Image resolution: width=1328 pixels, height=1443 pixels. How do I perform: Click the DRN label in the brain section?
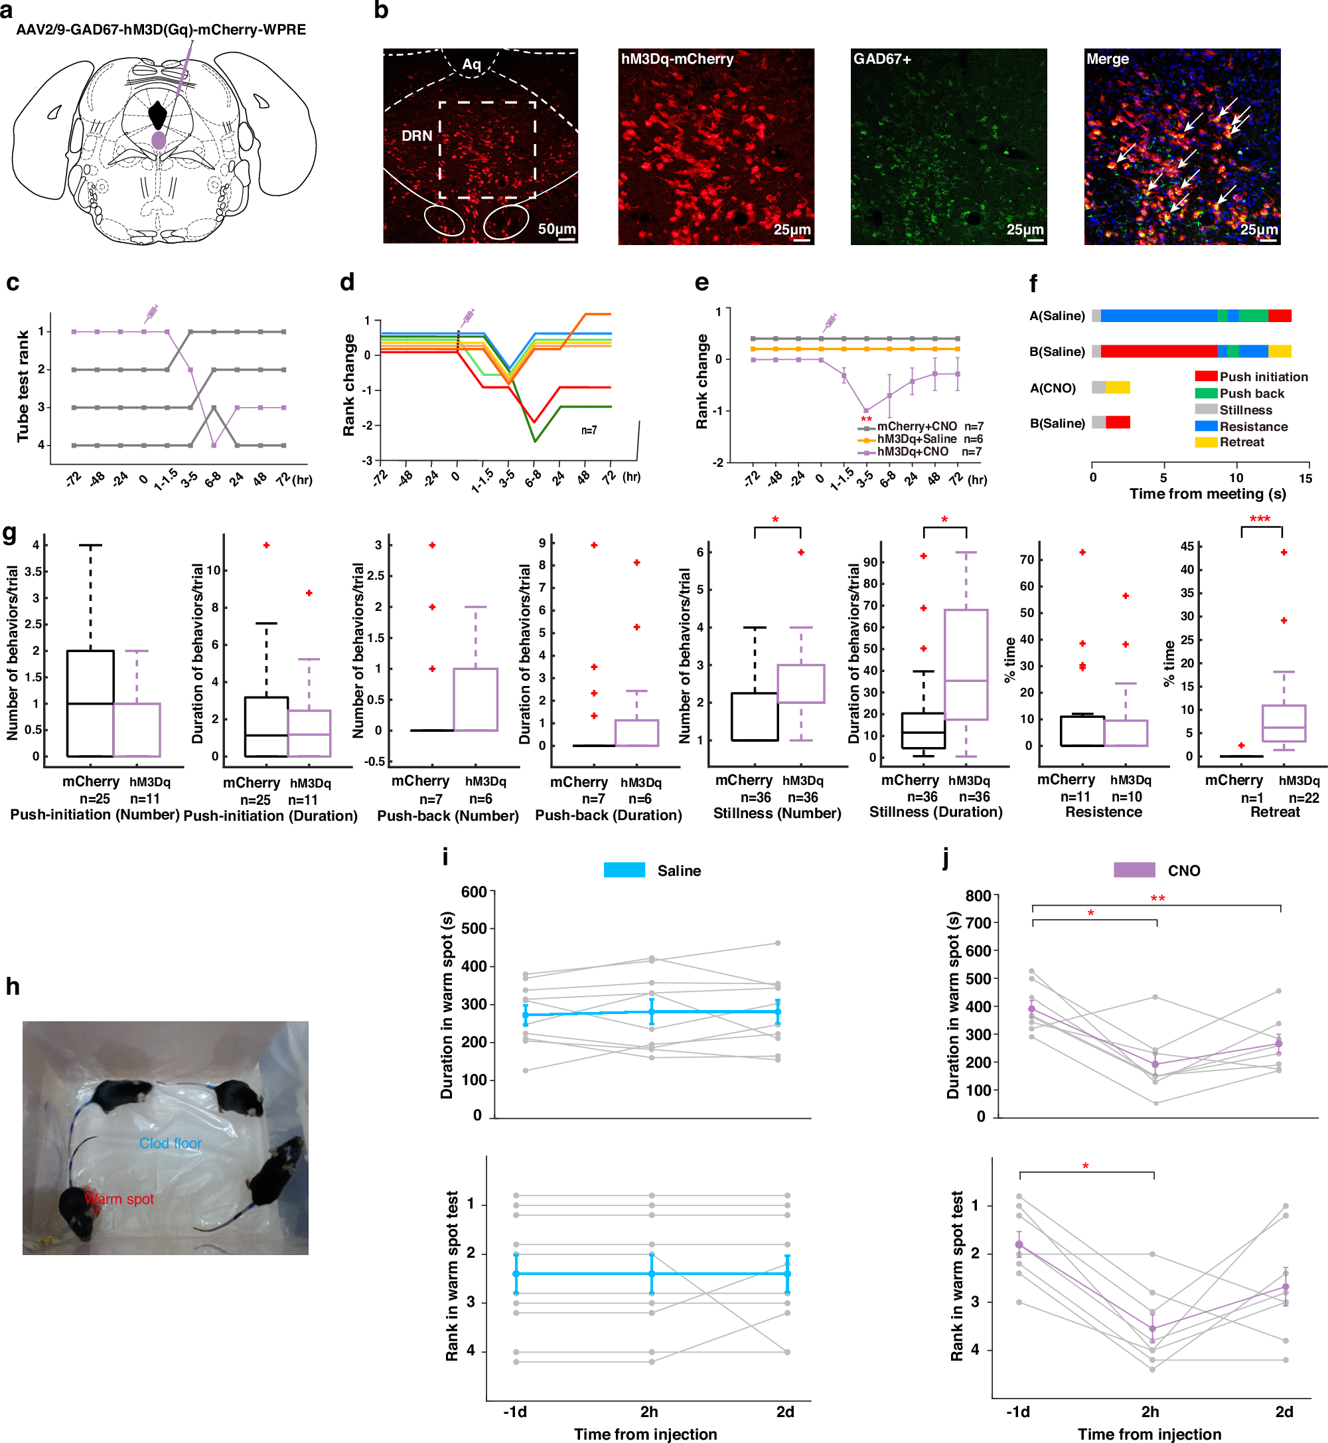pyautogui.click(x=417, y=136)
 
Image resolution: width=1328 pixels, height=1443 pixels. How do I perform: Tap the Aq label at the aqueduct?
pyautogui.click(x=471, y=64)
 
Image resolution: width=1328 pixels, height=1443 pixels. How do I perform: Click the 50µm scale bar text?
pyautogui.click(x=556, y=228)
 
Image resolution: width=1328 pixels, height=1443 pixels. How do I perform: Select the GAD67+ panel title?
pyautogui.click(x=882, y=59)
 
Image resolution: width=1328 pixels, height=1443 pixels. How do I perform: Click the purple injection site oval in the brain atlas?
pyautogui.click(x=159, y=139)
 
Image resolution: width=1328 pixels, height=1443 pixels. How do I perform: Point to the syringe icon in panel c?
pyautogui.click(x=151, y=313)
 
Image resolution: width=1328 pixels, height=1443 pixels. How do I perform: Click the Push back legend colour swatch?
pyautogui.click(x=1205, y=393)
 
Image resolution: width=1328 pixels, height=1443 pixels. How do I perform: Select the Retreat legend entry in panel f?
pyautogui.click(x=1242, y=442)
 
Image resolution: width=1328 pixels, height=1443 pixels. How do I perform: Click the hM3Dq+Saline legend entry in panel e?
pyautogui.click(x=917, y=438)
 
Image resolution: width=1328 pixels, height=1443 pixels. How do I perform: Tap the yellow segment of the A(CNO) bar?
pyautogui.click(x=1118, y=388)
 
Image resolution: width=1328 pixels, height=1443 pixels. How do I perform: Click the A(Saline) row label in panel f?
pyautogui.click(x=1057, y=315)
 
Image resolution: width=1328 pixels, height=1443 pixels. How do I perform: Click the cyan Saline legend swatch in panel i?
pyautogui.click(x=624, y=870)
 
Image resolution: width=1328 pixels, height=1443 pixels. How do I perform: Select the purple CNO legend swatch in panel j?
pyautogui.click(x=1134, y=870)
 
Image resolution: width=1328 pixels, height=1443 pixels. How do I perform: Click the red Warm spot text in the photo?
pyautogui.click(x=119, y=1199)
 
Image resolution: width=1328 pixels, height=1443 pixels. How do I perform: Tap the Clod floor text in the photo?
pyautogui.click(x=171, y=1144)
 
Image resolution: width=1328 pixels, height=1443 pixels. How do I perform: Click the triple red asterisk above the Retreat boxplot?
pyautogui.click(x=1259, y=519)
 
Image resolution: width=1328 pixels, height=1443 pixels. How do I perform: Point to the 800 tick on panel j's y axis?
pyautogui.click(x=978, y=896)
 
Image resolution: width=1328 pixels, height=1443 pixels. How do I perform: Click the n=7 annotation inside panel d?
pyautogui.click(x=589, y=430)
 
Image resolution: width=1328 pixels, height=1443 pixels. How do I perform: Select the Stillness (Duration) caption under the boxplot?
pyautogui.click(x=936, y=811)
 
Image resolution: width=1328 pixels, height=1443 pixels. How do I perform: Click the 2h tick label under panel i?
pyautogui.click(x=649, y=1411)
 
